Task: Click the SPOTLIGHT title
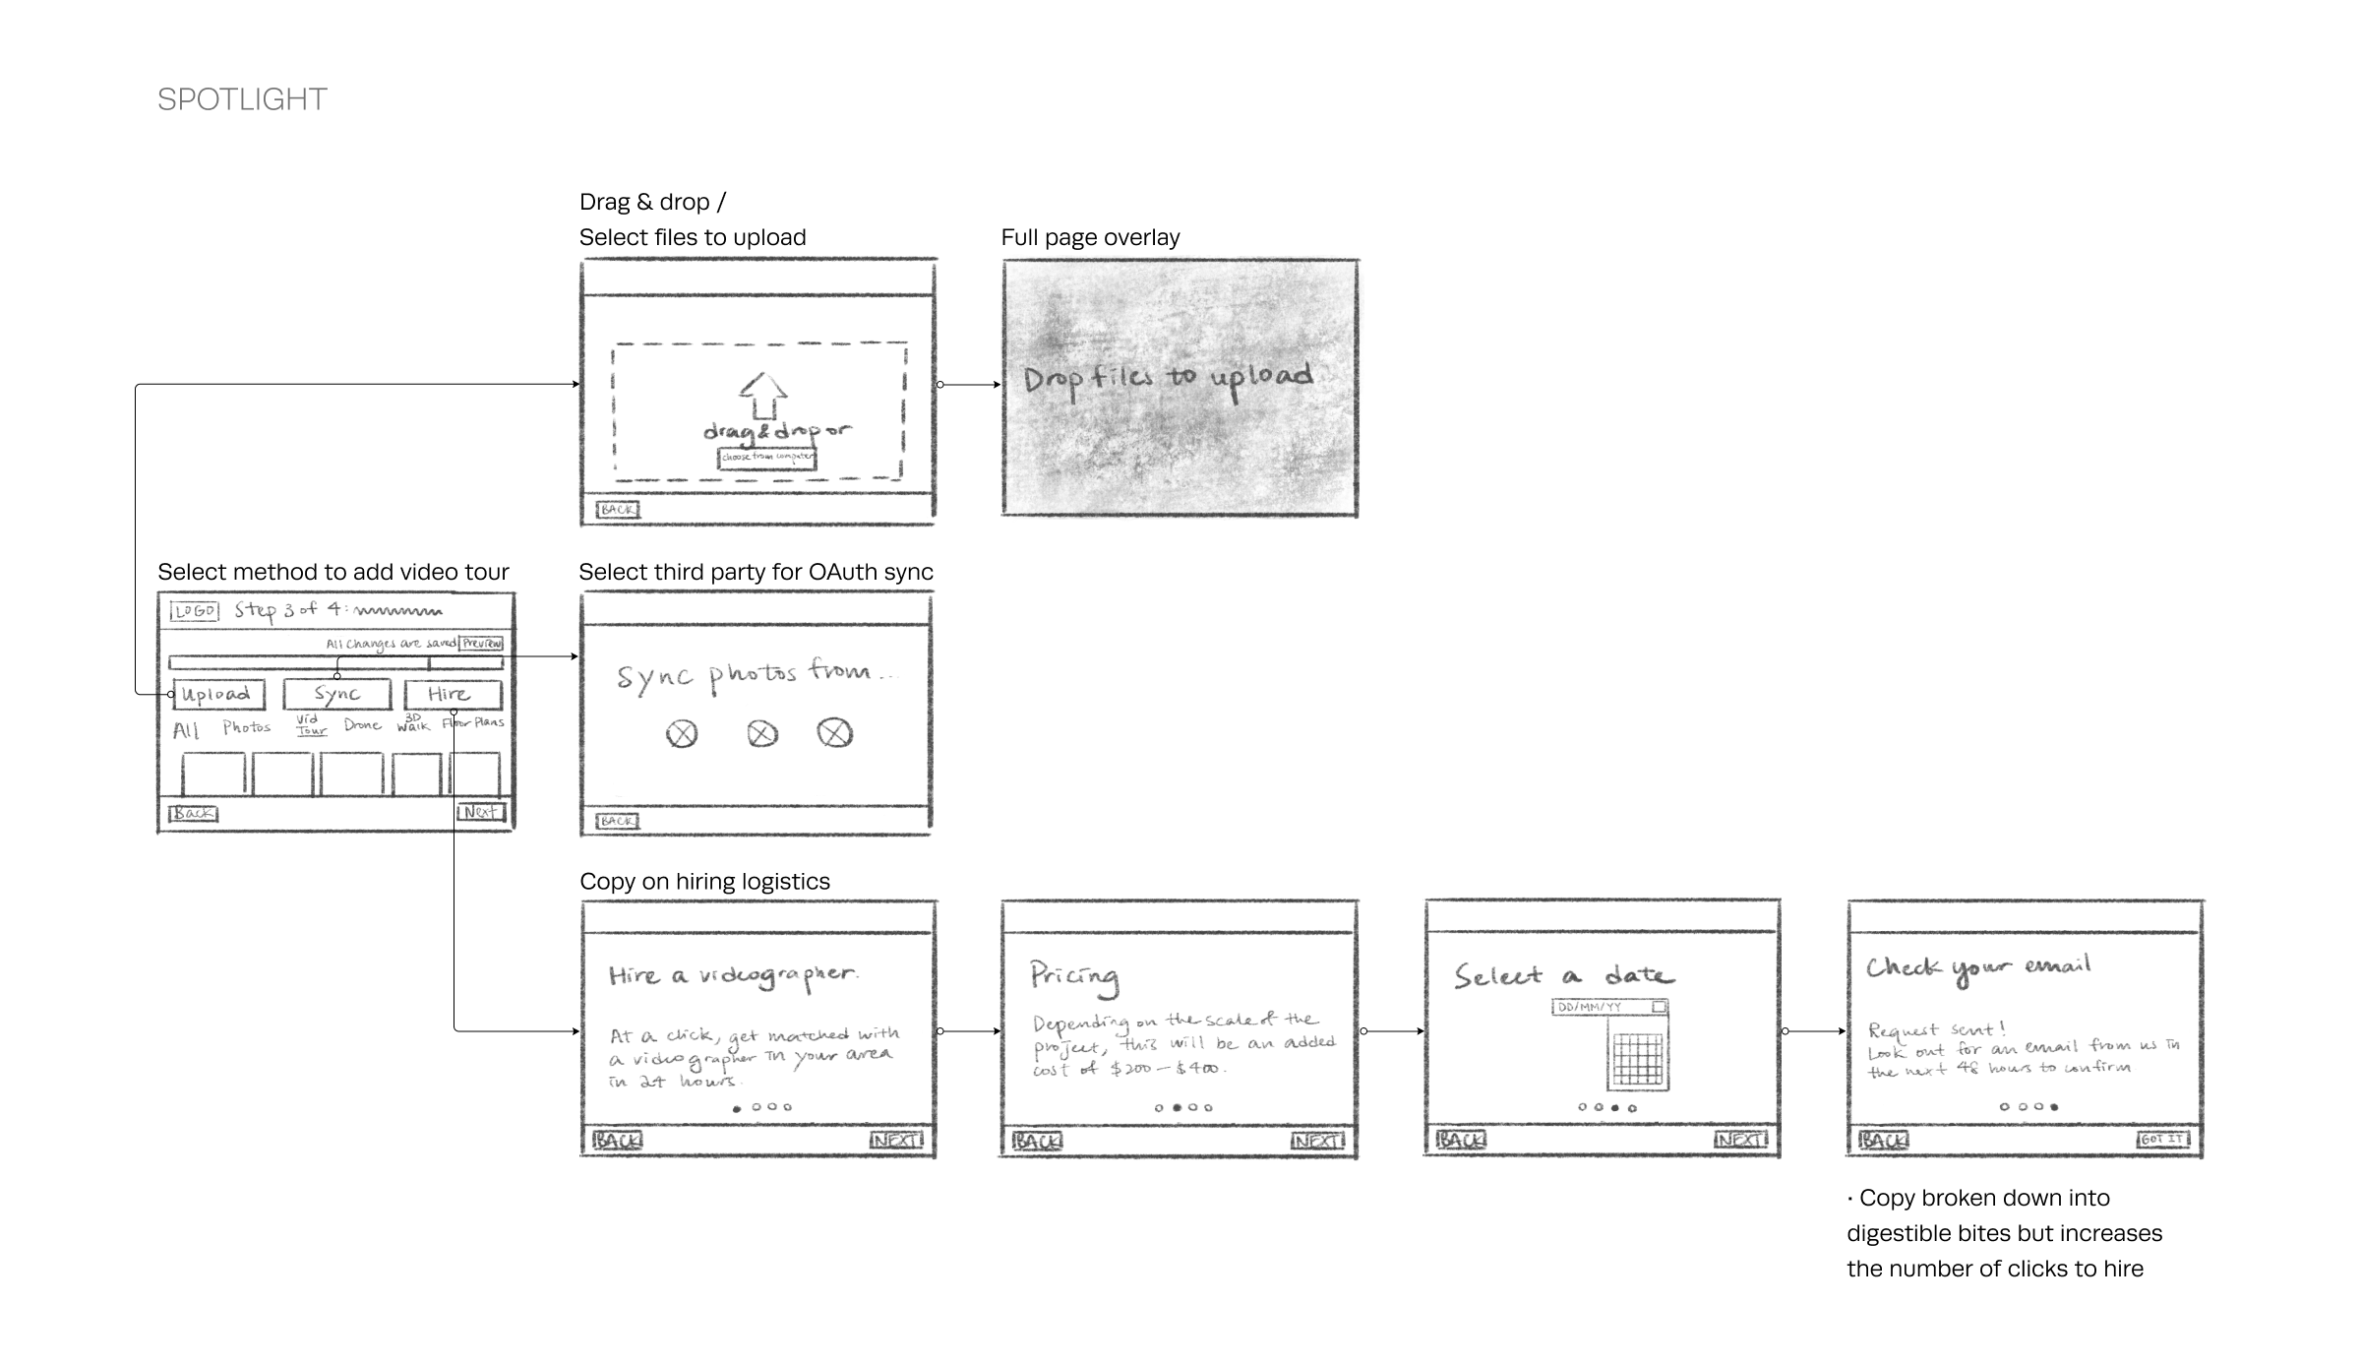[242, 99]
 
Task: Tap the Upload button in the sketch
[218, 695]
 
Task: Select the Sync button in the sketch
[336, 695]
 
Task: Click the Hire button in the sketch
[452, 695]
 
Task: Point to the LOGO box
[195, 611]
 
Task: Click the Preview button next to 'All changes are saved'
[482, 643]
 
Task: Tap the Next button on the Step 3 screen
[481, 812]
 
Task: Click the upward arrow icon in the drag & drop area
[763, 397]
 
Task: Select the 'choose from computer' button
[767, 458]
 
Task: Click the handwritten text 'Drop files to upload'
[1168, 379]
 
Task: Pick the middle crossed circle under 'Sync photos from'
[762, 734]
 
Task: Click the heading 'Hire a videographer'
[733, 975]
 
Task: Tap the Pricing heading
[1074, 975]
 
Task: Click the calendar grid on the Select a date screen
[1637, 1059]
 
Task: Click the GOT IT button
[2161, 1139]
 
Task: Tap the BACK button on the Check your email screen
[1883, 1140]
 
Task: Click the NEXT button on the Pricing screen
[1316, 1141]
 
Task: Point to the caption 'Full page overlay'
[1090, 237]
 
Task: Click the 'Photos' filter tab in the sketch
[246, 727]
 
